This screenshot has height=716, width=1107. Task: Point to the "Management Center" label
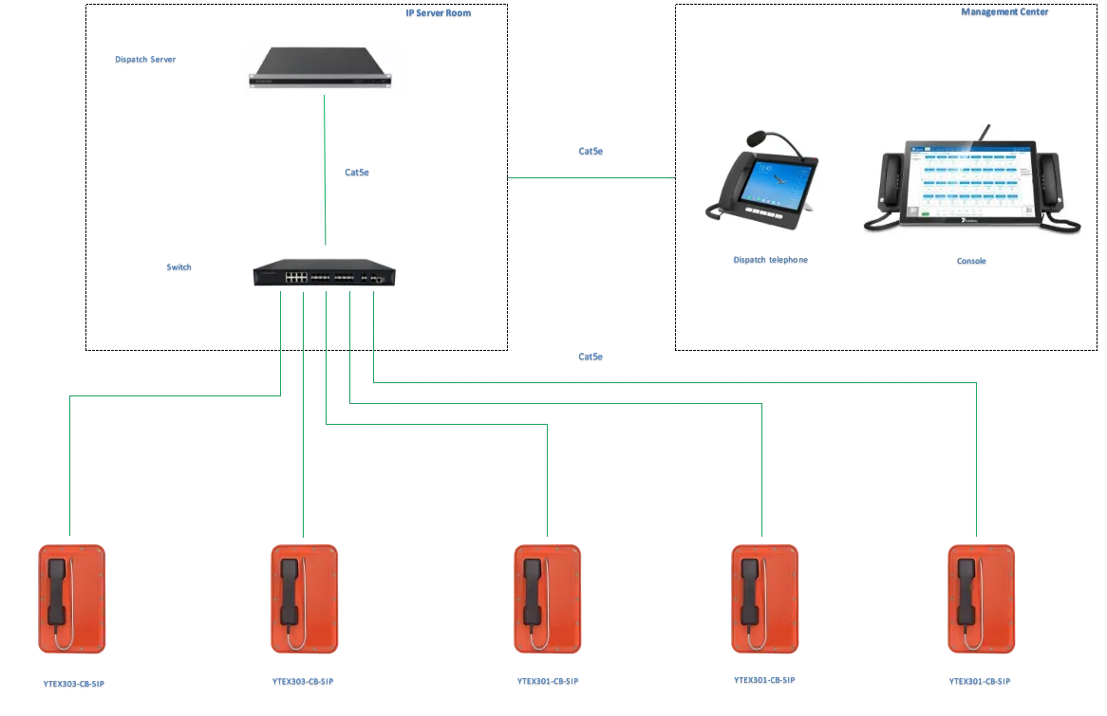tap(1004, 13)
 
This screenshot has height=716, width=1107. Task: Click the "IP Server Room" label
tap(439, 14)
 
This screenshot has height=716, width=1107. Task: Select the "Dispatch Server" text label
tap(147, 60)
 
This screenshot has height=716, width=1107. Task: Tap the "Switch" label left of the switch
tap(180, 268)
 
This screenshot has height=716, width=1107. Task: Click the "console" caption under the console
tap(970, 261)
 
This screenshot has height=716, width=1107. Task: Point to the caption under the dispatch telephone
tap(770, 261)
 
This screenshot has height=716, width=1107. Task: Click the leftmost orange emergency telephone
tap(72, 599)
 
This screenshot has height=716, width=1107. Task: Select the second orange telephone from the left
tap(304, 599)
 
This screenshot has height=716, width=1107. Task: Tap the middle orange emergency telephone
tap(547, 599)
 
